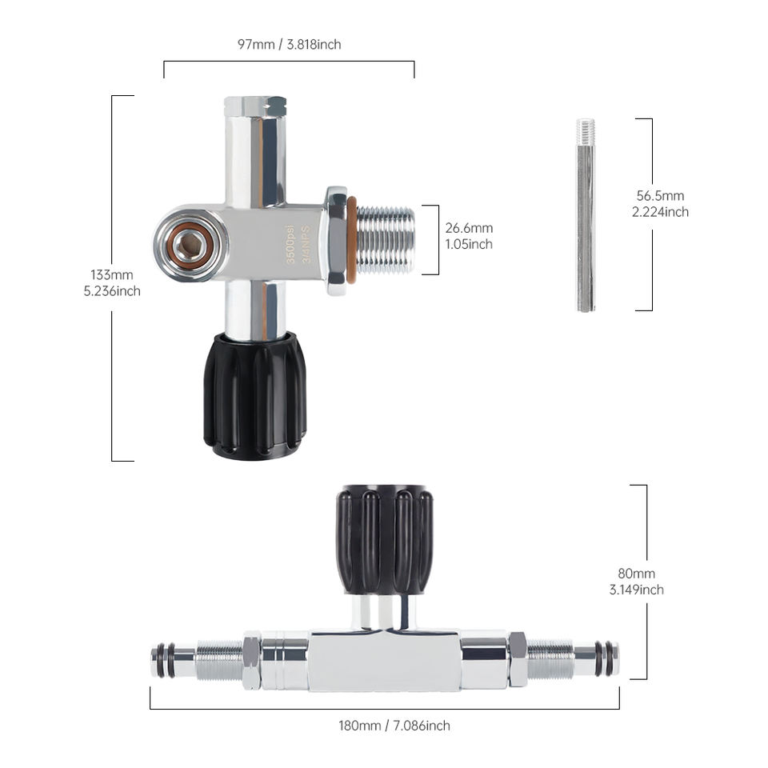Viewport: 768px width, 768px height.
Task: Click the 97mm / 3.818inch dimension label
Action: (289, 45)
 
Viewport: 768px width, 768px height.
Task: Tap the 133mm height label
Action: (112, 282)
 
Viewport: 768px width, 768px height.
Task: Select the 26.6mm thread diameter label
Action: (469, 235)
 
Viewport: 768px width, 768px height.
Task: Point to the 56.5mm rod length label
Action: (660, 204)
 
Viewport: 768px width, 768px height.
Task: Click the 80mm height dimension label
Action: (636, 582)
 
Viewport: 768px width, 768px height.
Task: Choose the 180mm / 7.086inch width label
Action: (394, 726)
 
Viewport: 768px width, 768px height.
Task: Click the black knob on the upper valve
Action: (255, 396)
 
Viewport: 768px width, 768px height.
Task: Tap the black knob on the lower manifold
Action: (385, 540)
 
